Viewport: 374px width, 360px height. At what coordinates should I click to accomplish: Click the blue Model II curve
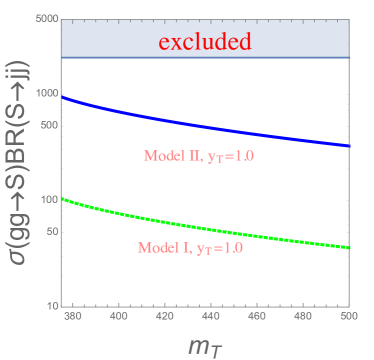click(x=200, y=122)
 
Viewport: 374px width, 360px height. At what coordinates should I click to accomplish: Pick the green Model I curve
click(x=200, y=225)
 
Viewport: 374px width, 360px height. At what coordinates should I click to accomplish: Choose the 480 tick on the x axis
click(x=301, y=316)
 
